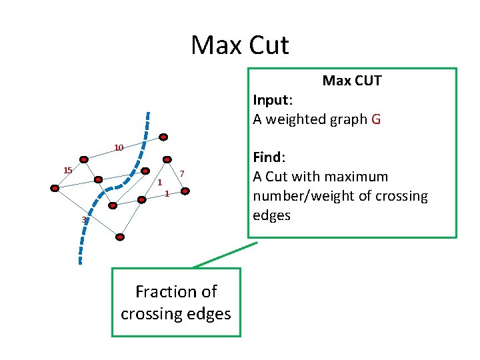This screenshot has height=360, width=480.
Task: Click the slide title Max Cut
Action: (x=239, y=45)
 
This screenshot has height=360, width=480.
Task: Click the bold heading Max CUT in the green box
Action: (x=352, y=81)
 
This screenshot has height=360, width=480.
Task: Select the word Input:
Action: (x=273, y=100)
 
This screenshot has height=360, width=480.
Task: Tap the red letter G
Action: (x=376, y=119)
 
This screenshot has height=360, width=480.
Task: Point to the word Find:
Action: (x=269, y=157)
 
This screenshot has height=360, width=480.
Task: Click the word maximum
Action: (x=354, y=177)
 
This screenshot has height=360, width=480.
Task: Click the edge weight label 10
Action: (x=119, y=147)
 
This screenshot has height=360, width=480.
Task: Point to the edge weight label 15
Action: (x=67, y=171)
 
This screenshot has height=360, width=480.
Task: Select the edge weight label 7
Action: (x=181, y=174)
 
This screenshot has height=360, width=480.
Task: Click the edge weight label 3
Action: (x=83, y=220)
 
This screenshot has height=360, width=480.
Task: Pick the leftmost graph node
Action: (x=55, y=189)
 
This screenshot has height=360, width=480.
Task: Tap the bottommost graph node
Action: (x=120, y=237)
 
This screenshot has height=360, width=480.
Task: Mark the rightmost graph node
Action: (x=187, y=191)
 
